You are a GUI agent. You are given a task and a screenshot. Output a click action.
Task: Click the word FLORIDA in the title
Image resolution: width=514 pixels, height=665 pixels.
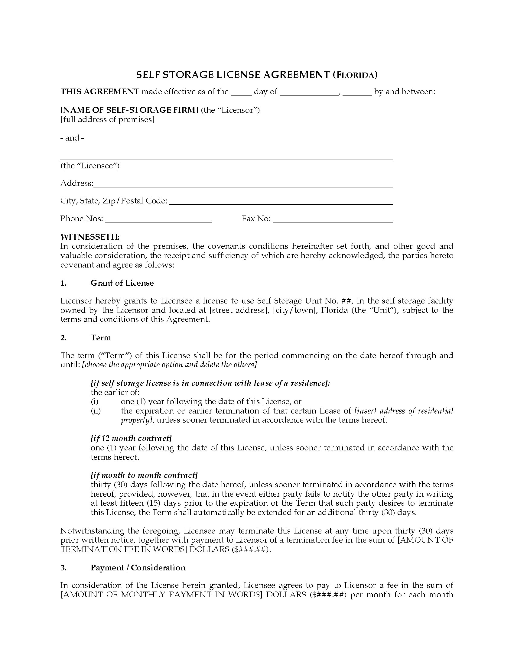point(355,75)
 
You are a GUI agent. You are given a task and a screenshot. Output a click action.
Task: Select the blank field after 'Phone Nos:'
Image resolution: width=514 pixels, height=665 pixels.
point(158,220)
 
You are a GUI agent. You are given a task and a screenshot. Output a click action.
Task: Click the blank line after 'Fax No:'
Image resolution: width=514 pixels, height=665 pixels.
point(333,220)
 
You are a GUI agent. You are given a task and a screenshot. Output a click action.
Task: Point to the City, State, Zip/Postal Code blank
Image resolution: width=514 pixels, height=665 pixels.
point(281,202)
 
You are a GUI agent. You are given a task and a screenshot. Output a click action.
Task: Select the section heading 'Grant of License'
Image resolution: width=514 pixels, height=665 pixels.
point(122,283)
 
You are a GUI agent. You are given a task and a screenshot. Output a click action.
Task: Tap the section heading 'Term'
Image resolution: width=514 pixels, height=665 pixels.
point(101,338)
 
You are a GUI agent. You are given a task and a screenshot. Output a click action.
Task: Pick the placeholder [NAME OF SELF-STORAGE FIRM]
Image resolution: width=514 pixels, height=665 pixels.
point(129,110)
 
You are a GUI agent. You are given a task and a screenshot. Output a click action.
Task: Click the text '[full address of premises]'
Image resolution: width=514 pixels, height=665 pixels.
point(107,119)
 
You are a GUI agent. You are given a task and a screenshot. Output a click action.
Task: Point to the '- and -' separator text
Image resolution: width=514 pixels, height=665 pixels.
point(72,138)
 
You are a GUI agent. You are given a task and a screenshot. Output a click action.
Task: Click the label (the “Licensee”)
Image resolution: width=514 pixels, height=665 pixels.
point(90,166)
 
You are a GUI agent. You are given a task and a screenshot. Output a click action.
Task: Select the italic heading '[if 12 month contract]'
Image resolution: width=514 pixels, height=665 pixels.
point(131,438)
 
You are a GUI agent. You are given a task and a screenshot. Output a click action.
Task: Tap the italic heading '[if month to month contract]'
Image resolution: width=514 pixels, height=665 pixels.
point(144,475)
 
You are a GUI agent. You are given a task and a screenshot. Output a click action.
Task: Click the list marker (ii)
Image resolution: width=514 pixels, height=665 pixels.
point(96,411)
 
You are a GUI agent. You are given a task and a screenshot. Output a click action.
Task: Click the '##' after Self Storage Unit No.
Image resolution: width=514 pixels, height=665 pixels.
point(346,301)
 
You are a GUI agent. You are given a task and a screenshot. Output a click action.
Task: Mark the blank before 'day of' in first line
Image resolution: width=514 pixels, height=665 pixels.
point(241,92)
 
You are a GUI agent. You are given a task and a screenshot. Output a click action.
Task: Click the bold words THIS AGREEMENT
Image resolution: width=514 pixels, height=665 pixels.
point(100,92)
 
